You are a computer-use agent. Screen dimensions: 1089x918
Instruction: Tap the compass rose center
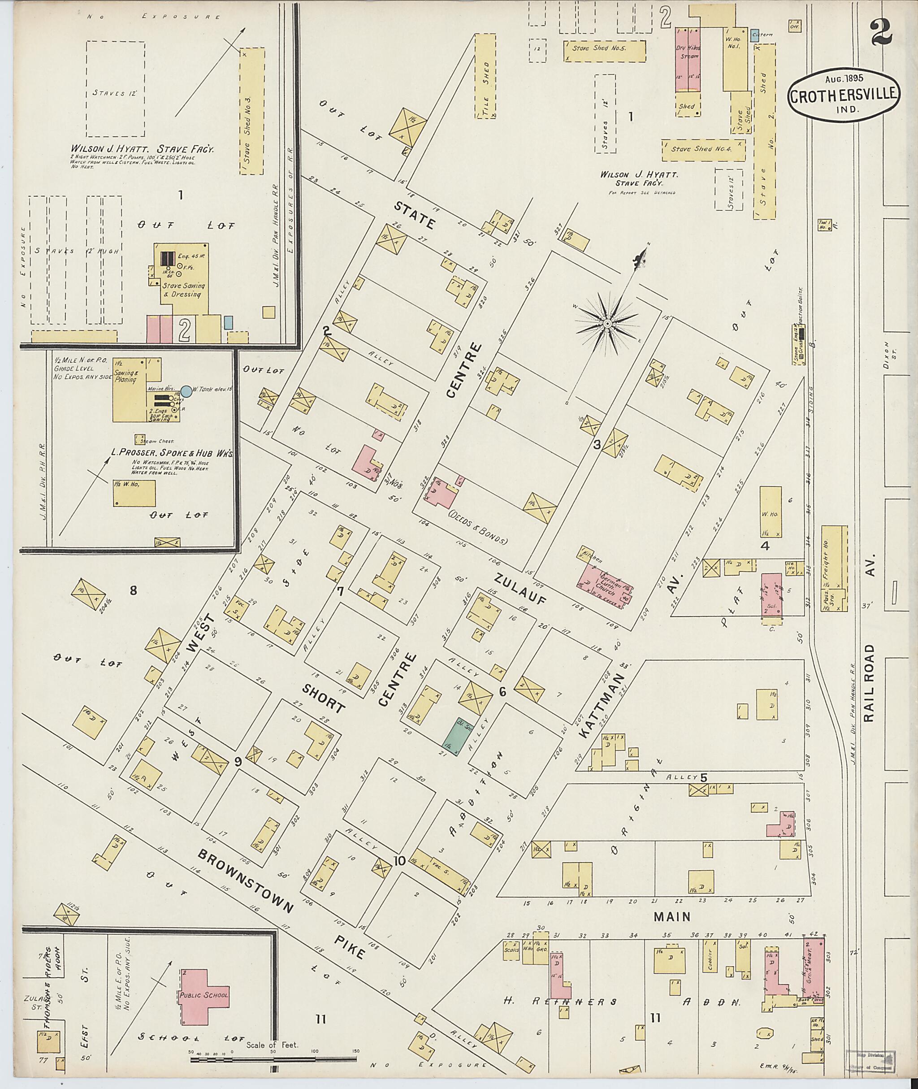pyautogui.click(x=607, y=324)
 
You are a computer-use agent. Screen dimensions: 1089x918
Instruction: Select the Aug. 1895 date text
pyautogui.click(x=843, y=79)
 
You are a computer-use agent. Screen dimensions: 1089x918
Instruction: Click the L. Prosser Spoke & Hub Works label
pyautogui.click(x=172, y=453)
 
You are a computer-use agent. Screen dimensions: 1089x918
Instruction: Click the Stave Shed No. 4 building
pyautogui.click(x=703, y=149)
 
